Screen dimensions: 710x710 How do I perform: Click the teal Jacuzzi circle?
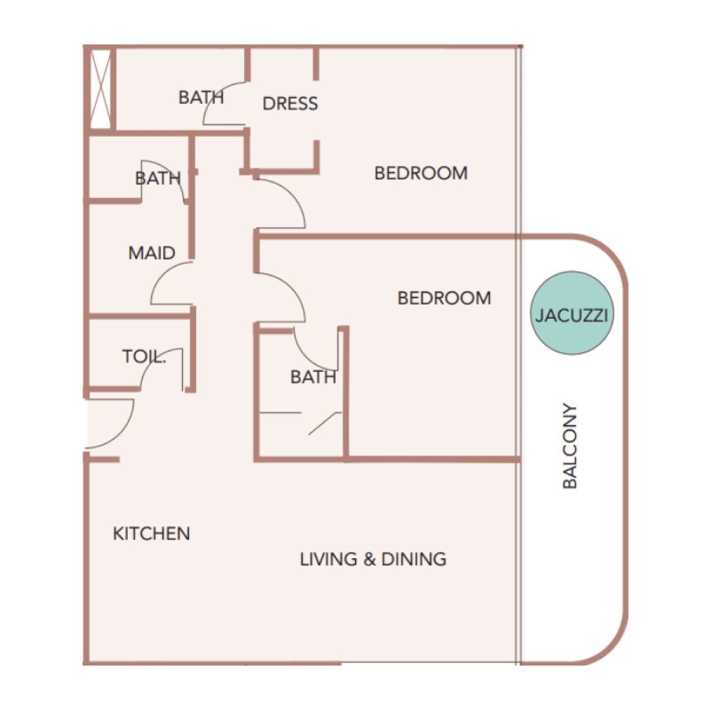point(572,313)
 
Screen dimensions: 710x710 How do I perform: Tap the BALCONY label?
point(570,446)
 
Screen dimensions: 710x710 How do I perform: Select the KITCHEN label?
point(151,533)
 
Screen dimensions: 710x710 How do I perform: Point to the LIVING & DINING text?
point(373,559)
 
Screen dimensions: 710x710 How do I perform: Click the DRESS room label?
point(290,104)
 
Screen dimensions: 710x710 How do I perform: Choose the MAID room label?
point(152,252)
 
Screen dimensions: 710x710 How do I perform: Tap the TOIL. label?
point(144,356)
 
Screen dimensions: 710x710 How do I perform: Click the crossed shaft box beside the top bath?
point(101,89)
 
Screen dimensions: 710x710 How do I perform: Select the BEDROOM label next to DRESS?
point(421,173)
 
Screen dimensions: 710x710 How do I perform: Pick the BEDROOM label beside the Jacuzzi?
point(444,298)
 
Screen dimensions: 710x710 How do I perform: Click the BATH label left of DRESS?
point(201,97)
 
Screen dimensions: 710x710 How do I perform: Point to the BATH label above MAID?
point(158,178)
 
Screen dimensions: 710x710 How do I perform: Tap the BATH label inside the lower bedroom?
point(313,377)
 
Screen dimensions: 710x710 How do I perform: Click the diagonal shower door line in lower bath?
point(325,424)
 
